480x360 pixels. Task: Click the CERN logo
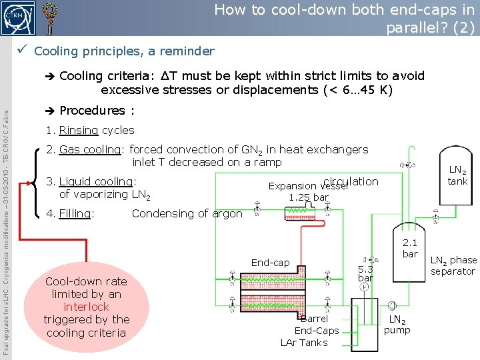[x=18, y=17]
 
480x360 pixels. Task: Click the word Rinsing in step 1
[x=79, y=131]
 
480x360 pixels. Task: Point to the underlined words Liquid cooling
[x=96, y=181]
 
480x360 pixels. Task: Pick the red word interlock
[x=87, y=307]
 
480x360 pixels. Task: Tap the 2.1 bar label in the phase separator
[x=409, y=248]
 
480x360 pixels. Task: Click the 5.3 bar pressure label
[x=365, y=273]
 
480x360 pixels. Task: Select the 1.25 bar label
[x=308, y=197]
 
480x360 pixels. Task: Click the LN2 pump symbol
[x=391, y=306]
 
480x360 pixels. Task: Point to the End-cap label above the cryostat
[x=270, y=263]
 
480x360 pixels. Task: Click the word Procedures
[x=92, y=111]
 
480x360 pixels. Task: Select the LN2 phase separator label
[x=453, y=265]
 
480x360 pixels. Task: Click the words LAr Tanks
[x=304, y=343]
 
